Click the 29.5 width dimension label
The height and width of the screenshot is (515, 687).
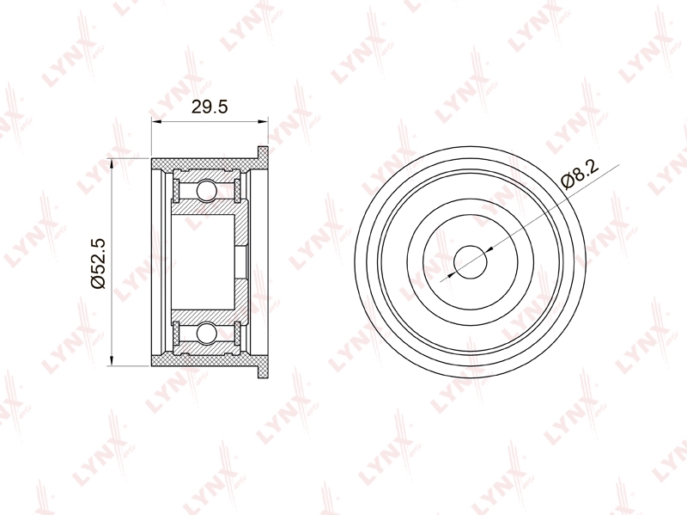click(210, 107)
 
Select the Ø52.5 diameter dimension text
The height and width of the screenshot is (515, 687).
click(98, 263)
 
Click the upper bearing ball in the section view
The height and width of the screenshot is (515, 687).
click(206, 190)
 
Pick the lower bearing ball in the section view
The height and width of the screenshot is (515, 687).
click(206, 333)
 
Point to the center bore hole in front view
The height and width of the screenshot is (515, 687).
click(470, 262)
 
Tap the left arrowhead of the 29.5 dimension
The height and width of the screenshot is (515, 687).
click(156, 121)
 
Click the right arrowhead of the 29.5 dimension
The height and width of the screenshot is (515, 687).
click(263, 121)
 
